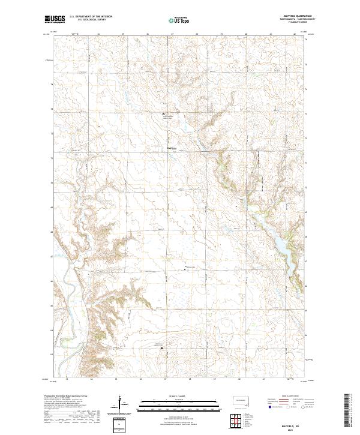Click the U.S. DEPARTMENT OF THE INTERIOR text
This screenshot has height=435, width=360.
pyautogui.click(x=91, y=17)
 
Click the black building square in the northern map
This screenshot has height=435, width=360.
pyautogui.click(x=163, y=113)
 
